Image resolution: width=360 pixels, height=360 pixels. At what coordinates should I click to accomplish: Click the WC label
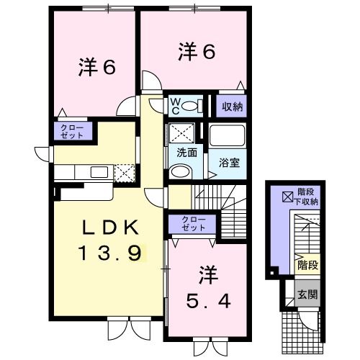pyautogui.click(x=175, y=106)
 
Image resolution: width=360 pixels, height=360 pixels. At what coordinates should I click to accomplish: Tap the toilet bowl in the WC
pyautogui.click(x=191, y=107)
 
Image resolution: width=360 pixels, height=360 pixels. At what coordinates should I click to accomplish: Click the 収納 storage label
pyautogui.click(x=232, y=107)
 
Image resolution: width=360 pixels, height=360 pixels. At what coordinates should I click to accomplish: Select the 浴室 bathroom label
pyautogui.click(x=229, y=162)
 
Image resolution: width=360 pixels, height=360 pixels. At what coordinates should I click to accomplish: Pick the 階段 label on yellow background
pyautogui.click(x=307, y=265)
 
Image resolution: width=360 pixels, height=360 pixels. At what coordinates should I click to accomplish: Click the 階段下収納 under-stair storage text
pyautogui.click(x=308, y=198)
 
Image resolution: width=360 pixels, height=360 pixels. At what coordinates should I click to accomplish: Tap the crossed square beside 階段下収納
pyautogui.click(x=287, y=195)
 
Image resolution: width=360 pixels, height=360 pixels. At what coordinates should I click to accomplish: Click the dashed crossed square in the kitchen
pyautogui.click(x=125, y=173)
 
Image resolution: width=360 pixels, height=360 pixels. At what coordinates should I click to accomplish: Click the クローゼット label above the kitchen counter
pyautogui.click(x=71, y=132)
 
